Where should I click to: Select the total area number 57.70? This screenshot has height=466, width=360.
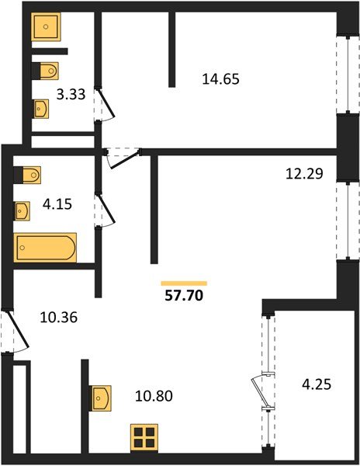(x=184, y=296)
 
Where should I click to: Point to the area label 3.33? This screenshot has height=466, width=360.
(x=71, y=97)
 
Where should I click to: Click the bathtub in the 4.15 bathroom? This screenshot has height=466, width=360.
(x=46, y=249)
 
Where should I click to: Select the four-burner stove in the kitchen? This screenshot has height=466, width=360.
(x=144, y=437)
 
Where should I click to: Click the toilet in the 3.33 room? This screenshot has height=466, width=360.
(x=46, y=70)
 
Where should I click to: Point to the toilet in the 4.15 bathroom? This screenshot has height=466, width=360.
(x=29, y=176)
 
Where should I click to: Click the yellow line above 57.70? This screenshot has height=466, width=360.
(x=184, y=283)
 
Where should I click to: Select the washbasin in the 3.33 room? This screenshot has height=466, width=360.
(x=41, y=108)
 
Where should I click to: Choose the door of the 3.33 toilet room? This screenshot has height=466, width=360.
(x=105, y=104)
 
